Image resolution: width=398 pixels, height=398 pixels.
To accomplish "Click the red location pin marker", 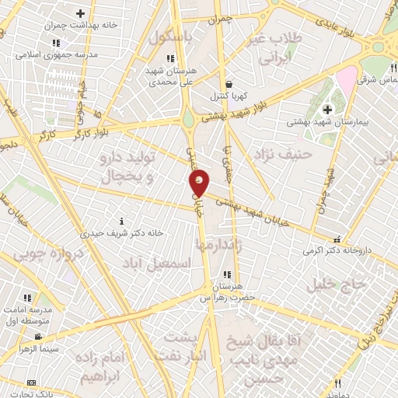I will click(x=200, y=181).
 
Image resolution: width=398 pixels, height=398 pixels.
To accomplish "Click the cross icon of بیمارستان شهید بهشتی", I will click(x=327, y=109).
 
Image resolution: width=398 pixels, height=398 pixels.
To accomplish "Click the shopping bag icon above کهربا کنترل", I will click(x=228, y=85).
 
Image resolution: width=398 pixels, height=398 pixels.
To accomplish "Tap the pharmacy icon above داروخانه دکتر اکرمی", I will click(x=336, y=240).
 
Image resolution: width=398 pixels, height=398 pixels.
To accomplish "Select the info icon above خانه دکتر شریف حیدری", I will click(x=119, y=221).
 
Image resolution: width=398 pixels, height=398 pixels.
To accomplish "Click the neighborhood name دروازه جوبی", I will click(x=46, y=253).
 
